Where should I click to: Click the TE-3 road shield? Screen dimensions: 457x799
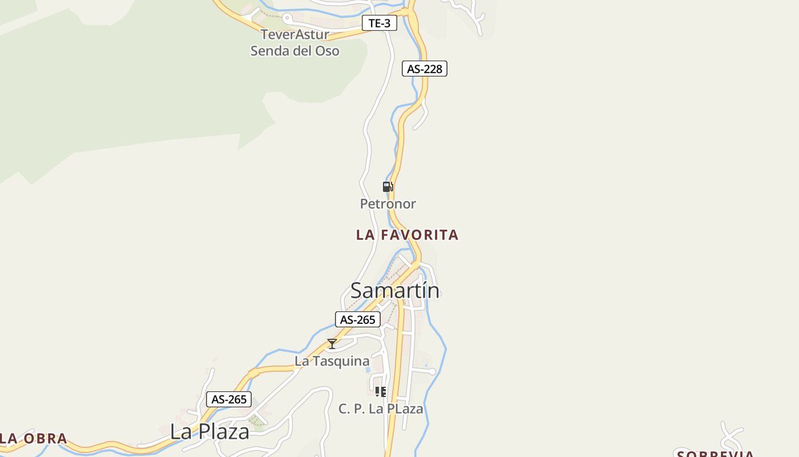[x=380, y=23]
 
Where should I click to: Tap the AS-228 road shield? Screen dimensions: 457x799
[x=424, y=69]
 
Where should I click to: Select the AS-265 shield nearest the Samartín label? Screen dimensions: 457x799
[x=357, y=319]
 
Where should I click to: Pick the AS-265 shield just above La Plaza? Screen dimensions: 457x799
[x=228, y=399]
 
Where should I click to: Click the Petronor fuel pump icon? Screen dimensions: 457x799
[x=388, y=187]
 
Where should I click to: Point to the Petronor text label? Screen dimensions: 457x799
[x=388, y=203]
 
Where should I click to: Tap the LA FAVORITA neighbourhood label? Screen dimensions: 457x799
[x=407, y=235]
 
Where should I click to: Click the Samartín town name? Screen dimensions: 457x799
[x=395, y=290]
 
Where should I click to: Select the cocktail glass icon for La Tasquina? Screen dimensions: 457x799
[x=332, y=344]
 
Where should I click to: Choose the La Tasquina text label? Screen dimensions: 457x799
[x=332, y=361]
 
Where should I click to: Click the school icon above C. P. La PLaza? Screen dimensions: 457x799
[x=380, y=392]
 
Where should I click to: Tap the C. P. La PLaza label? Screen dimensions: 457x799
[x=381, y=409]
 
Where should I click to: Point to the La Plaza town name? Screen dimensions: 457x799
[x=209, y=432]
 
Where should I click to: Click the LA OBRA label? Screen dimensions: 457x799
[x=33, y=439]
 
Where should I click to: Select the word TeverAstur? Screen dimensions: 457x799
[x=294, y=34]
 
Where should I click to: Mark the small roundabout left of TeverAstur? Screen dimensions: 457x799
[x=287, y=18]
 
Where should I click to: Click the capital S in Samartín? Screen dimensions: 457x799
[x=357, y=291]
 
